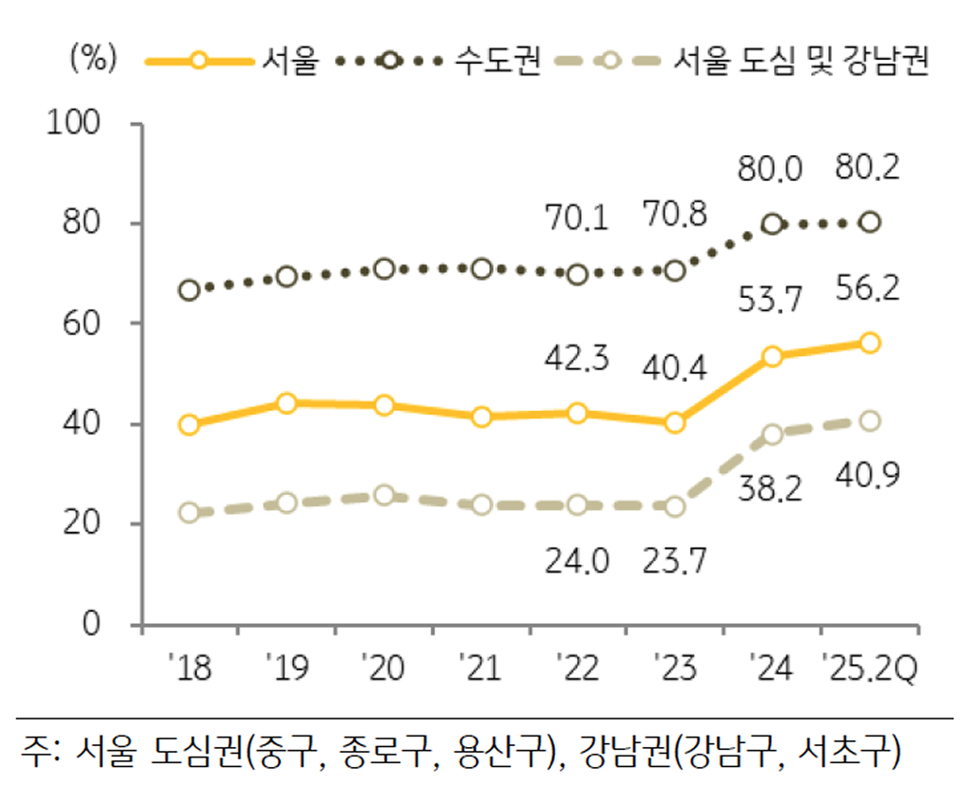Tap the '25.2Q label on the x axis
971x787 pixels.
pos(869,670)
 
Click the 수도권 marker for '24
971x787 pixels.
pos(772,225)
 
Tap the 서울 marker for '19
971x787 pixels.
pos(287,403)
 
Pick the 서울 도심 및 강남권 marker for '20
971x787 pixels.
pos(384,496)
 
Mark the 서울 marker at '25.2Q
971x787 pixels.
pos(869,343)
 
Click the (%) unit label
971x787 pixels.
pos(93,60)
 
